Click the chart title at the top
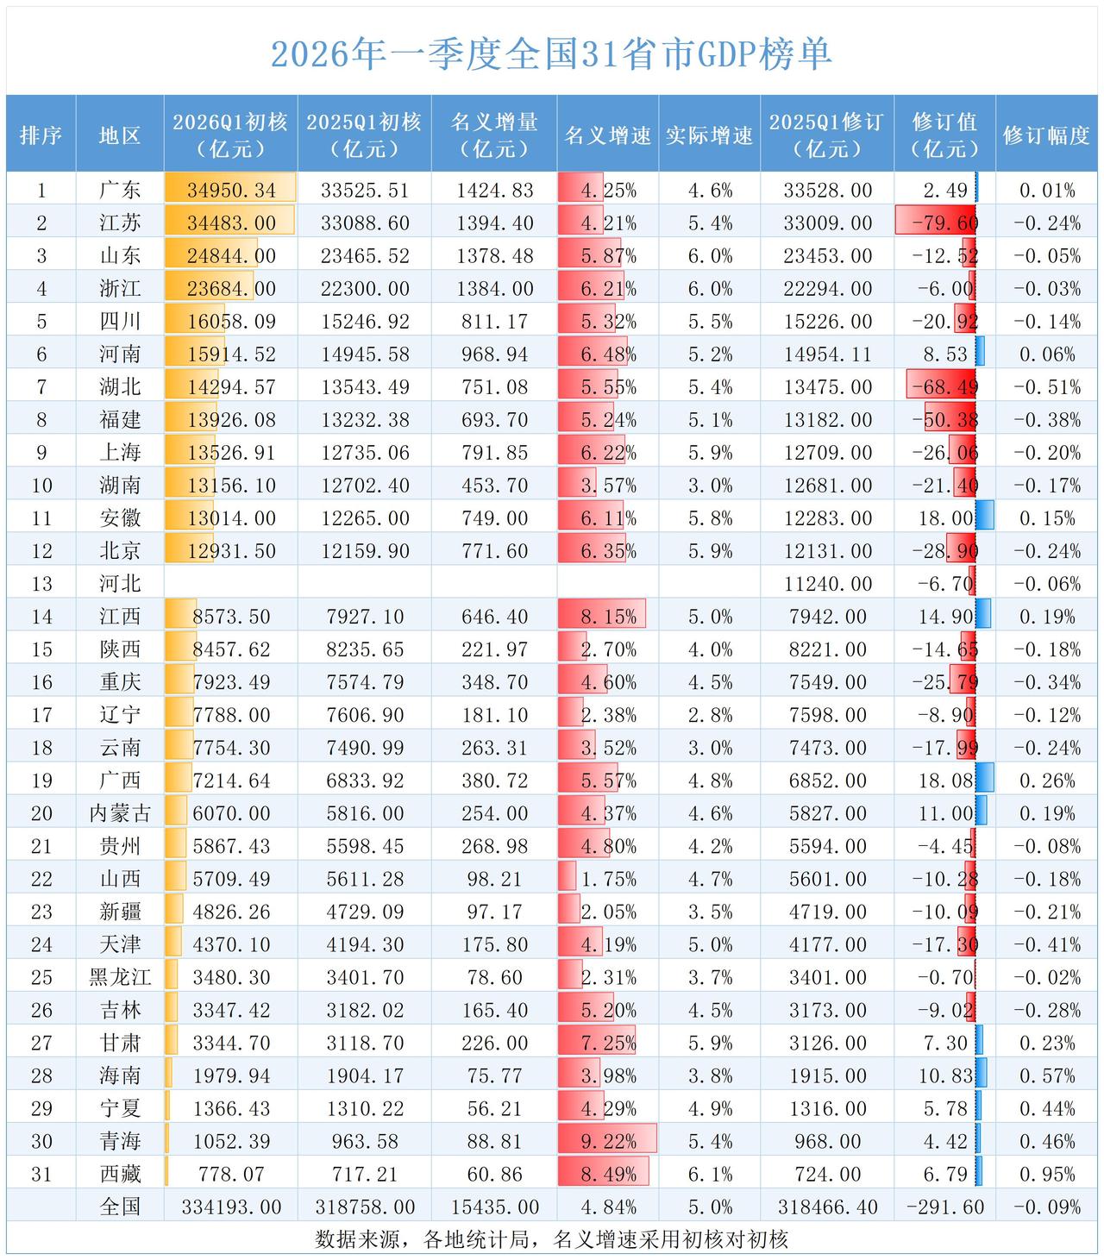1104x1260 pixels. (x=551, y=53)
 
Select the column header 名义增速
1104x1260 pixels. (x=608, y=135)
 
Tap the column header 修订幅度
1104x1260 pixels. (x=1046, y=135)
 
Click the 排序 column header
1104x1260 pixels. (x=41, y=135)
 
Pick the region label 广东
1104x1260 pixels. (x=120, y=190)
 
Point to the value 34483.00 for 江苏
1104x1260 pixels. (x=231, y=223)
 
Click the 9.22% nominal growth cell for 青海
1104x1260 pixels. (x=608, y=1141)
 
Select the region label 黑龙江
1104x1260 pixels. (x=120, y=977)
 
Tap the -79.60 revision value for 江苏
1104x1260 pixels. (x=944, y=223)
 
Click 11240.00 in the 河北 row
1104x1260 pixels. (x=827, y=584)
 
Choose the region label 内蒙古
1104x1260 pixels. (x=120, y=813)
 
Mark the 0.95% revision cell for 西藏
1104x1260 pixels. (x=1046, y=1174)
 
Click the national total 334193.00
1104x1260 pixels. (x=231, y=1207)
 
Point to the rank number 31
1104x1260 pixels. (x=41, y=1174)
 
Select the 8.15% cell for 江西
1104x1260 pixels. (x=608, y=617)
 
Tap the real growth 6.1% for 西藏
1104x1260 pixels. (x=710, y=1174)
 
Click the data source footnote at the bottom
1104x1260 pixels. (x=551, y=1239)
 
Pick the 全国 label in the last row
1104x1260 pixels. (x=120, y=1207)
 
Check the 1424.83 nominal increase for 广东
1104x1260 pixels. (x=494, y=190)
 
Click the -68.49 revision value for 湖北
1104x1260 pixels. (x=944, y=387)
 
